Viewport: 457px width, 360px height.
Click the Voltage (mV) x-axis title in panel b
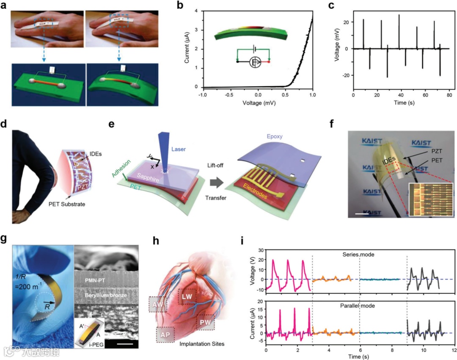[257, 102]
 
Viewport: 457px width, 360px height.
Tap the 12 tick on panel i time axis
[454, 351]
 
